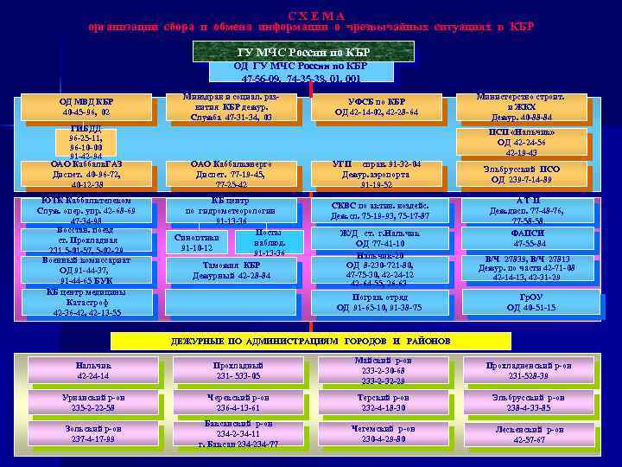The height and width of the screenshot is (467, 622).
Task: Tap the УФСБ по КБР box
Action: click(377, 106)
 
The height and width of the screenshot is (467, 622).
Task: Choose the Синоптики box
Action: click(196, 242)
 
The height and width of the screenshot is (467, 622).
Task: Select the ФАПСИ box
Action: click(528, 240)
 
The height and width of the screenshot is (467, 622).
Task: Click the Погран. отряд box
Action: click(379, 302)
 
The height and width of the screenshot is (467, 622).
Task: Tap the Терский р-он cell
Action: click(378, 402)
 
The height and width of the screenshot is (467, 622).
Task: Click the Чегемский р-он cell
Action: click(378, 434)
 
